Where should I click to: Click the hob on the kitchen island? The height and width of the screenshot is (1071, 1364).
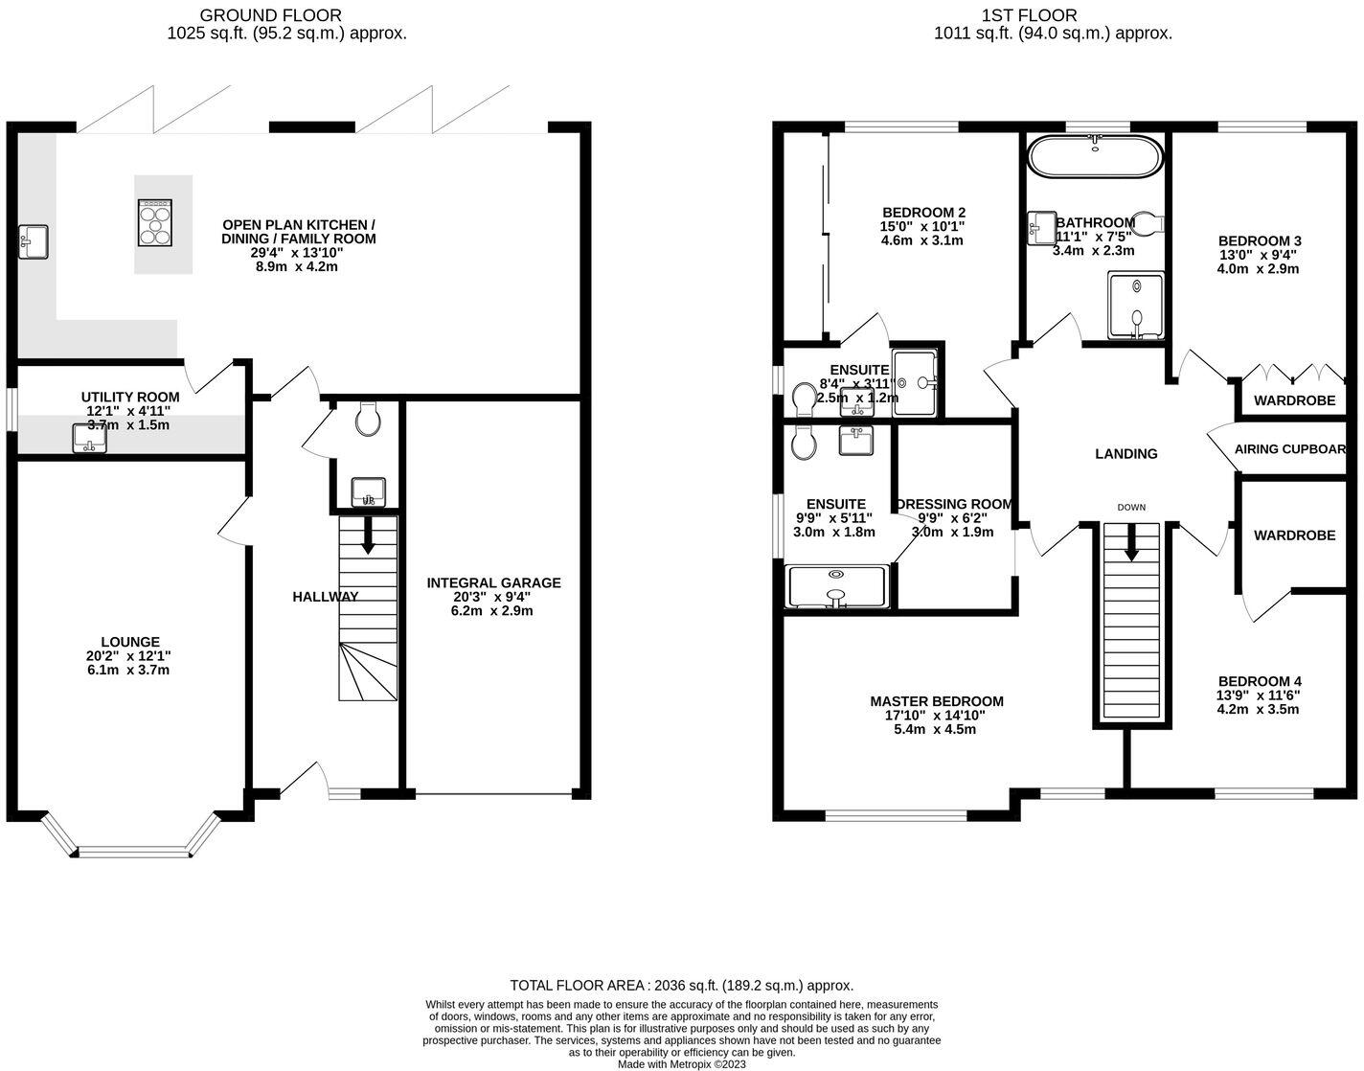pos(155,223)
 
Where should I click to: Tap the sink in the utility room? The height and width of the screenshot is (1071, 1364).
pos(90,439)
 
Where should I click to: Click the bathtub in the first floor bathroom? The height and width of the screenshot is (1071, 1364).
pos(1095,157)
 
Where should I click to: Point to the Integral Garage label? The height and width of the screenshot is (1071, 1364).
pos(493,582)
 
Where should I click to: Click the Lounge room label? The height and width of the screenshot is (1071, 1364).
pos(130,642)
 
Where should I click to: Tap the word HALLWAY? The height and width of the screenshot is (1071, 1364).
pos(325,596)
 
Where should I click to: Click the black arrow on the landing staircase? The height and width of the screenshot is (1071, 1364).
pos(1130,543)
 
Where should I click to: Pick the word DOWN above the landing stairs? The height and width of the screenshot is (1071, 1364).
pos(1130,507)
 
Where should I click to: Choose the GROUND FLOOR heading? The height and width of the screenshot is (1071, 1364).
pos(269,15)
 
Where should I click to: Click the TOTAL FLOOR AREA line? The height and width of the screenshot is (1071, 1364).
pos(681,985)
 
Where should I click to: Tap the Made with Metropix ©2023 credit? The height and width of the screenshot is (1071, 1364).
pos(681,1063)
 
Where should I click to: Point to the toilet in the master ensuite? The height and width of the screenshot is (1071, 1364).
pos(803,442)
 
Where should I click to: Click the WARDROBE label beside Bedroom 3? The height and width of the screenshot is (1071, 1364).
pos(1294,400)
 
